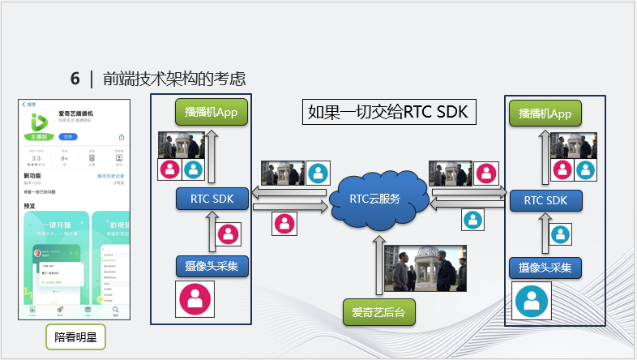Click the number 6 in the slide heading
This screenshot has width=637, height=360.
[75, 79]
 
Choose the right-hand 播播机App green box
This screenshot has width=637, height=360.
[541, 114]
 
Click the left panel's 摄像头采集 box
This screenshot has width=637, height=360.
[212, 266]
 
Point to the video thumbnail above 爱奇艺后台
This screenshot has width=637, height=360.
[424, 268]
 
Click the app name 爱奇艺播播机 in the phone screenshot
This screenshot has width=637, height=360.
[75, 114]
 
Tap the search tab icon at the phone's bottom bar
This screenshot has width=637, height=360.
[115, 311]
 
